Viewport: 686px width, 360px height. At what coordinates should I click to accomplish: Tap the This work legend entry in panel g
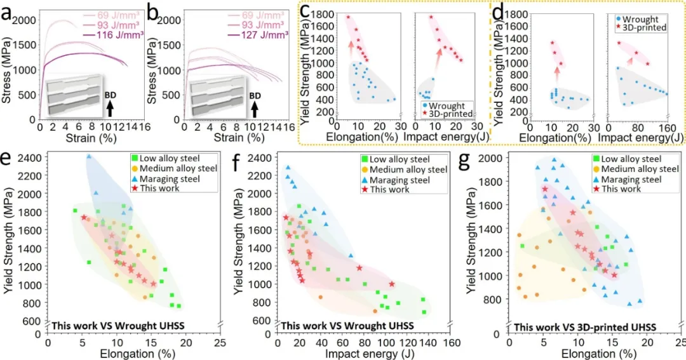[x=619, y=189]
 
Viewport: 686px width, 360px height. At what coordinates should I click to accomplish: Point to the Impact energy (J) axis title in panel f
[x=358, y=352]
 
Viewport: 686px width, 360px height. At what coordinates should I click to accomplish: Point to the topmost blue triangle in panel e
[x=89, y=156]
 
